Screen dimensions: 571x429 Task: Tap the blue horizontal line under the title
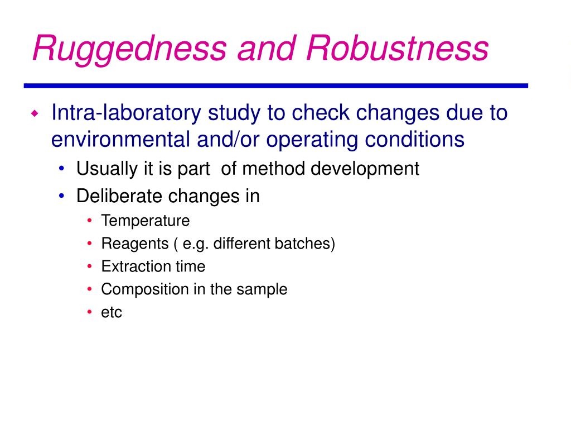275,85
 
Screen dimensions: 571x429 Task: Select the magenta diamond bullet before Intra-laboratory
35,113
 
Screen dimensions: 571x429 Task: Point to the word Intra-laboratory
126,113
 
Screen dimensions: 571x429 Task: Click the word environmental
120,139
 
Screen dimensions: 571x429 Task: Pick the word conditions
414,139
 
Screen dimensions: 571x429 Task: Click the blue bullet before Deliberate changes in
61,196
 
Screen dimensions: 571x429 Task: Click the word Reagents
135,244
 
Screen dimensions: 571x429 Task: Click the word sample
262,290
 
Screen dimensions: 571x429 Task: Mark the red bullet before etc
90,312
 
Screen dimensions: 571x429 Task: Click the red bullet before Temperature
90,220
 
